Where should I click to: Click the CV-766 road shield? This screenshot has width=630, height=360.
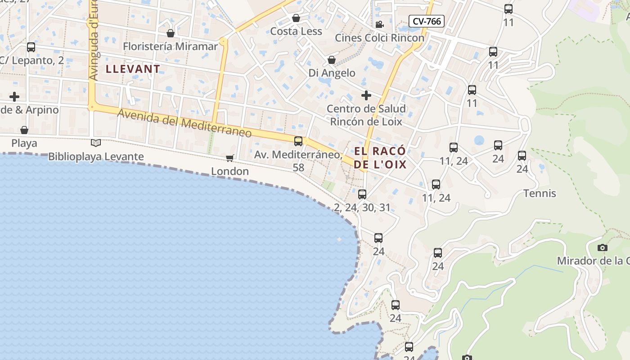pyautogui.click(x=426, y=21)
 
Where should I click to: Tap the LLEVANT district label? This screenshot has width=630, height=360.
pyautogui.click(x=133, y=69)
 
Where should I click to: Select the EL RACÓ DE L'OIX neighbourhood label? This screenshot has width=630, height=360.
pyautogui.click(x=380, y=157)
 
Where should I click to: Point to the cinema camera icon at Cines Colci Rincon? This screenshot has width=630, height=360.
pyautogui.click(x=379, y=24)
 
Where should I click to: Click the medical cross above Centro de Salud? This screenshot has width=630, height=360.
pyautogui.click(x=366, y=95)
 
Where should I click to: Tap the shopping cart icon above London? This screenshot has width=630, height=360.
pyautogui.click(x=230, y=158)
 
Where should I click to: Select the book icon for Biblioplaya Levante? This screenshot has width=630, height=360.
pyautogui.click(x=96, y=143)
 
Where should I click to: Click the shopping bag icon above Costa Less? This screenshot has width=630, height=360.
pyautogui.click(x=296, y=18)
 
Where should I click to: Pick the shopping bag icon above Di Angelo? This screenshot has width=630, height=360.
pyautogui.click(x=332, y=60)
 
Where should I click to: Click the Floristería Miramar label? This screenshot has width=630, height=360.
pyautogui.click(x=170, y=46)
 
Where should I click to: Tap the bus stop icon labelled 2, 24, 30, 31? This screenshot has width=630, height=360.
pyautogui.click(x=362, y=194)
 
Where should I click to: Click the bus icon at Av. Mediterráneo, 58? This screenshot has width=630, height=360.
pyautogui.click(x=298, y=141)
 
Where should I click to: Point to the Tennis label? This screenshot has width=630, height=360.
pyautogui.click(x=540, y=193)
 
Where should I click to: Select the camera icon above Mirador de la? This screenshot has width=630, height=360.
pyautogui.click(x=603, y=247)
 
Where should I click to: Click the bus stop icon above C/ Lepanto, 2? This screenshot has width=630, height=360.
pyautogui.click(x=31, y=47)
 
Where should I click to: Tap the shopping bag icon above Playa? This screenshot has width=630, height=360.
pyautogui.click(x=24, y=130)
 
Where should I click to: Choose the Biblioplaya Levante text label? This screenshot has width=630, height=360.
pyautogui.click(x=96, y=157)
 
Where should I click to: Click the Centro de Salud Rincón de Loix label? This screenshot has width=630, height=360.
pyautogui.click(x=366, y=115)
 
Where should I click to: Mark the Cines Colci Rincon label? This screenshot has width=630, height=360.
pyautogui.click(x=379, y=38)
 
